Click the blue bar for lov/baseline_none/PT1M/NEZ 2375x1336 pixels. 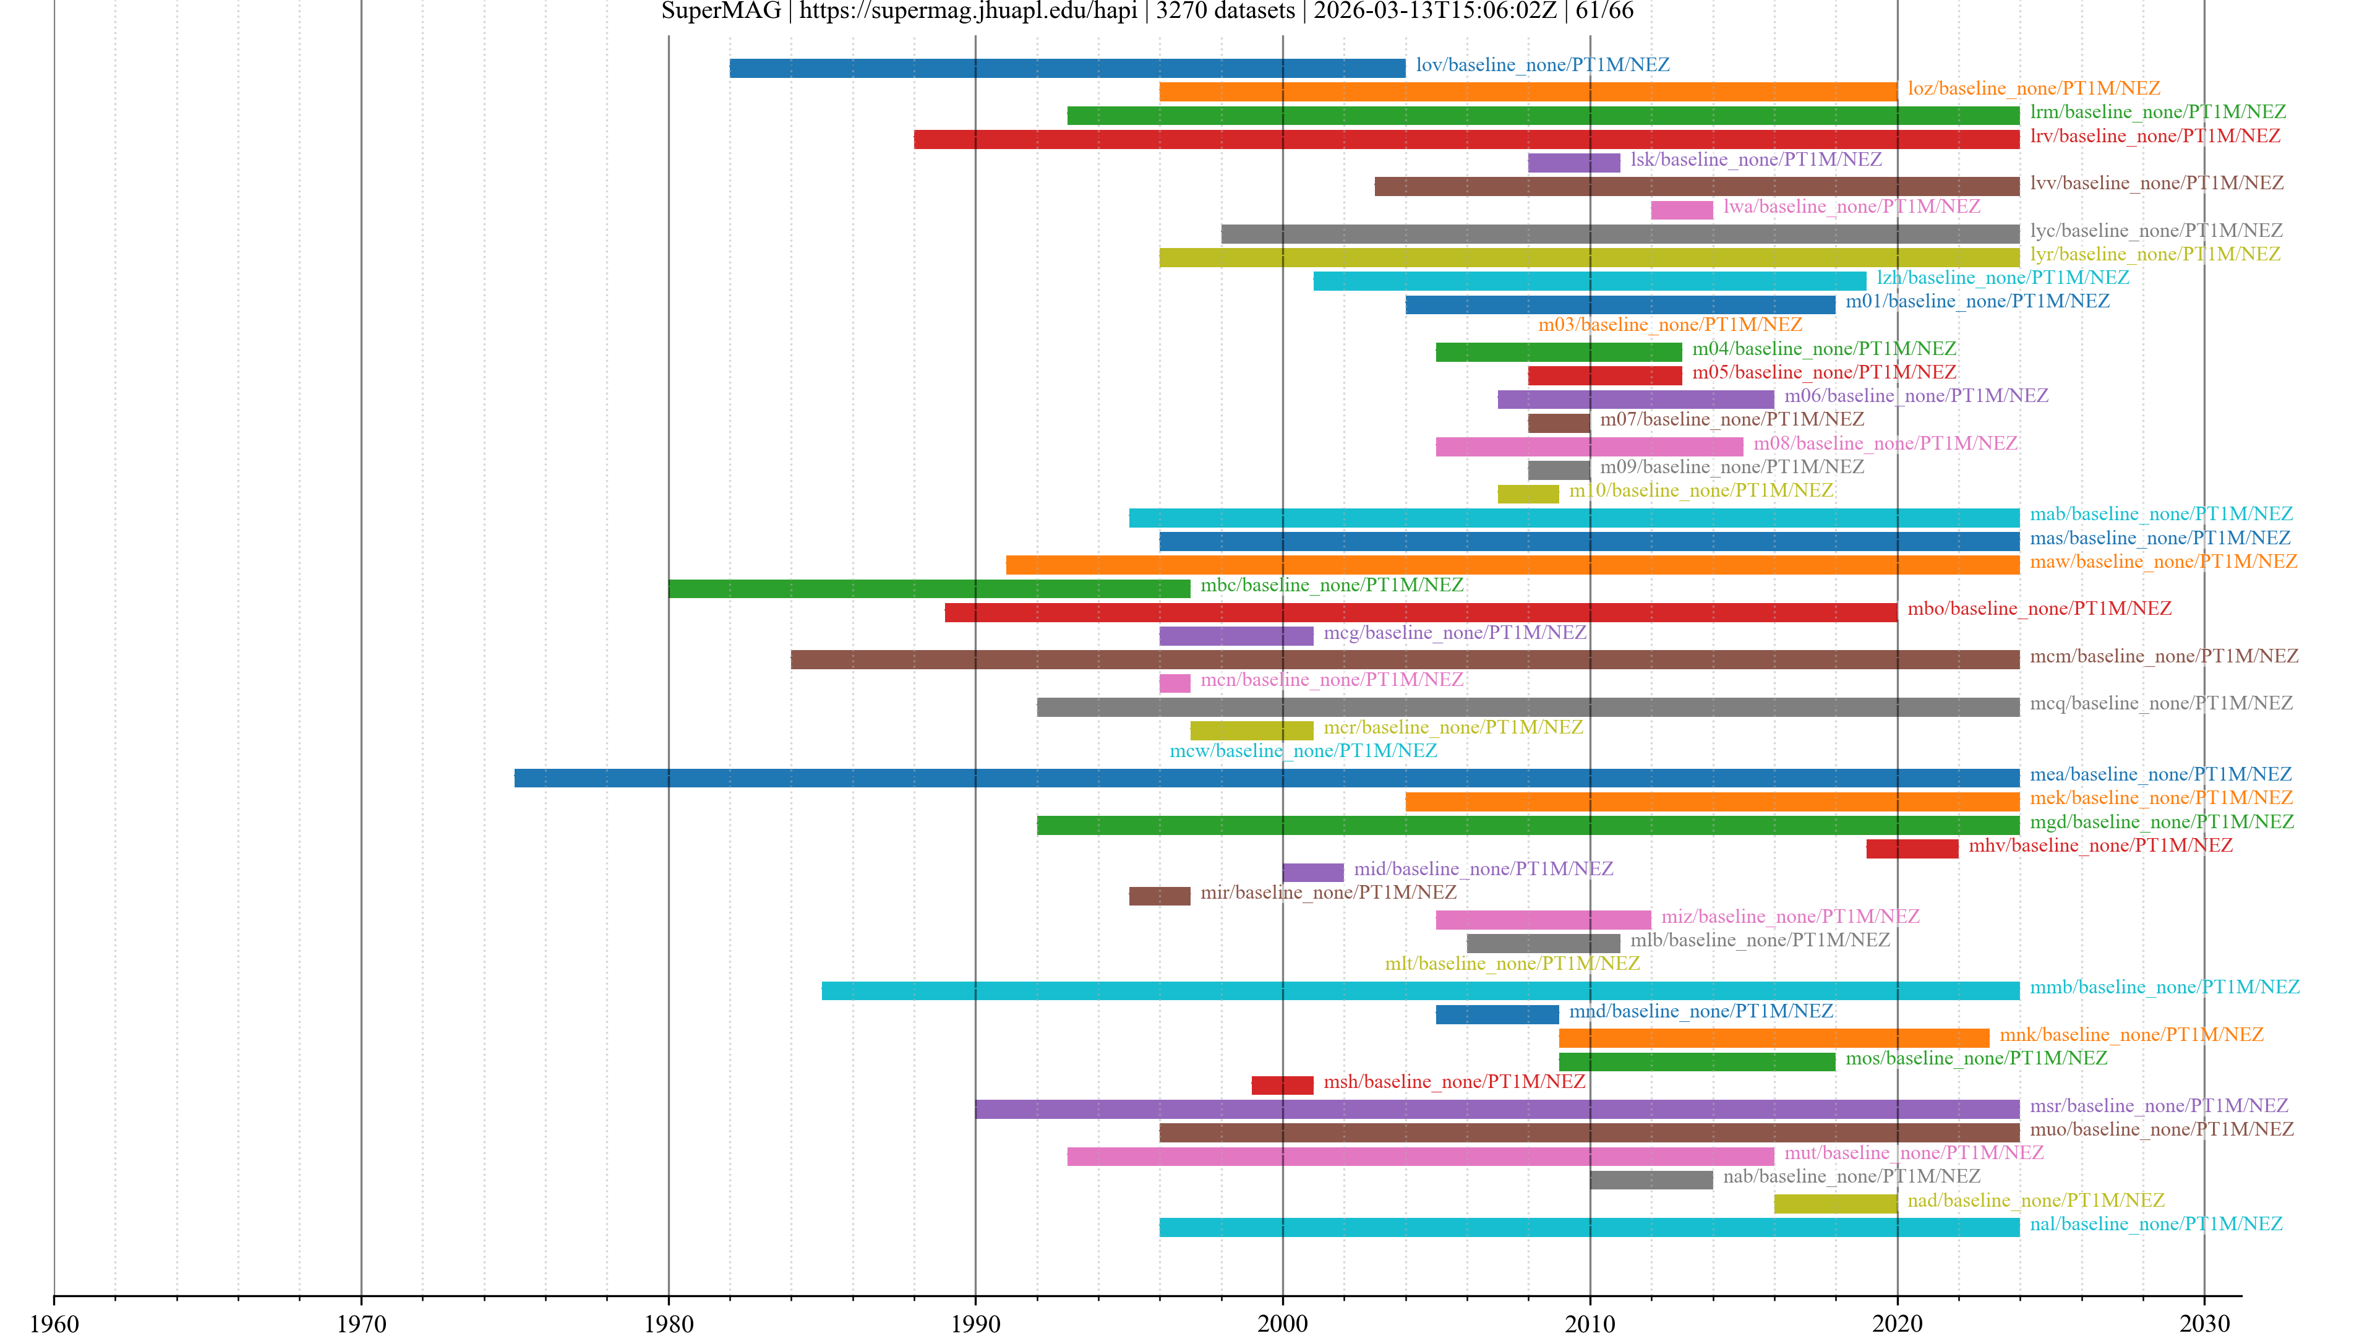click(1067, 68)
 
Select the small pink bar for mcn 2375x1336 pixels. click(1174, 683)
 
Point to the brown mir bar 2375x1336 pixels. click(1159, 896)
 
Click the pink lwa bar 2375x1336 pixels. click(1681, 210)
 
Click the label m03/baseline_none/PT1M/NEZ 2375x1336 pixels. click(1670, 325)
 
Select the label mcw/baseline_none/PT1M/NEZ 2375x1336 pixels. click(1303, 750)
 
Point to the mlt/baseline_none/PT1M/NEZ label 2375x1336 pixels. click(1512, 964)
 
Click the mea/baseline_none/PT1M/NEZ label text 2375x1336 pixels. click(2160, 774)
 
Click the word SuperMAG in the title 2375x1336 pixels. click(721, 11)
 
